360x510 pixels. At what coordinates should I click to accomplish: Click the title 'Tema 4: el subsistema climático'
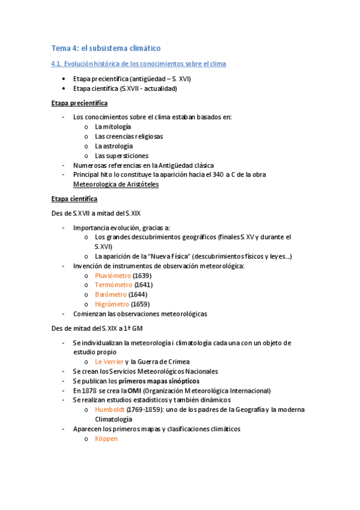pos(106,48)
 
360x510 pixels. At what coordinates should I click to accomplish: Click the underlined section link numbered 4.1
pos(138,63)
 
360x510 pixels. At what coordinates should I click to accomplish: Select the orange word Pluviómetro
pos(112,275)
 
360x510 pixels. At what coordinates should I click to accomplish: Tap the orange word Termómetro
pos(112,285)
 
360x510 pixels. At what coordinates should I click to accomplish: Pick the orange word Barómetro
pos(111,295)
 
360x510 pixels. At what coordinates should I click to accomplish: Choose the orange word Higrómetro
pos(112,304)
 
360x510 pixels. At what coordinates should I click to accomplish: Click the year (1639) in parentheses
pos(142,275)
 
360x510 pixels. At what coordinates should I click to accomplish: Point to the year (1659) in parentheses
pos(140,304)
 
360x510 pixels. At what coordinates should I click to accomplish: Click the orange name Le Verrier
pos(109,361)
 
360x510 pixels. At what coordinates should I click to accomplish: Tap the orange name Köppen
pos(106,438)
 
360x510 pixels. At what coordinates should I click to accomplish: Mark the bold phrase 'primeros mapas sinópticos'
pos(159,381)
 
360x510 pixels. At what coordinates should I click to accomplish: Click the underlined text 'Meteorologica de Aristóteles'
pos(115,185)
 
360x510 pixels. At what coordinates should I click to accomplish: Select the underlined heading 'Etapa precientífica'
pos(79,103)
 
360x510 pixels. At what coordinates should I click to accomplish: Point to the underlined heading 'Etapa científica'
pos(75,198)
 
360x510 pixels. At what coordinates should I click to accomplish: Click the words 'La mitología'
pos(112,127)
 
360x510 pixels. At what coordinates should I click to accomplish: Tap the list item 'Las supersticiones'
pos(121,156)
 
